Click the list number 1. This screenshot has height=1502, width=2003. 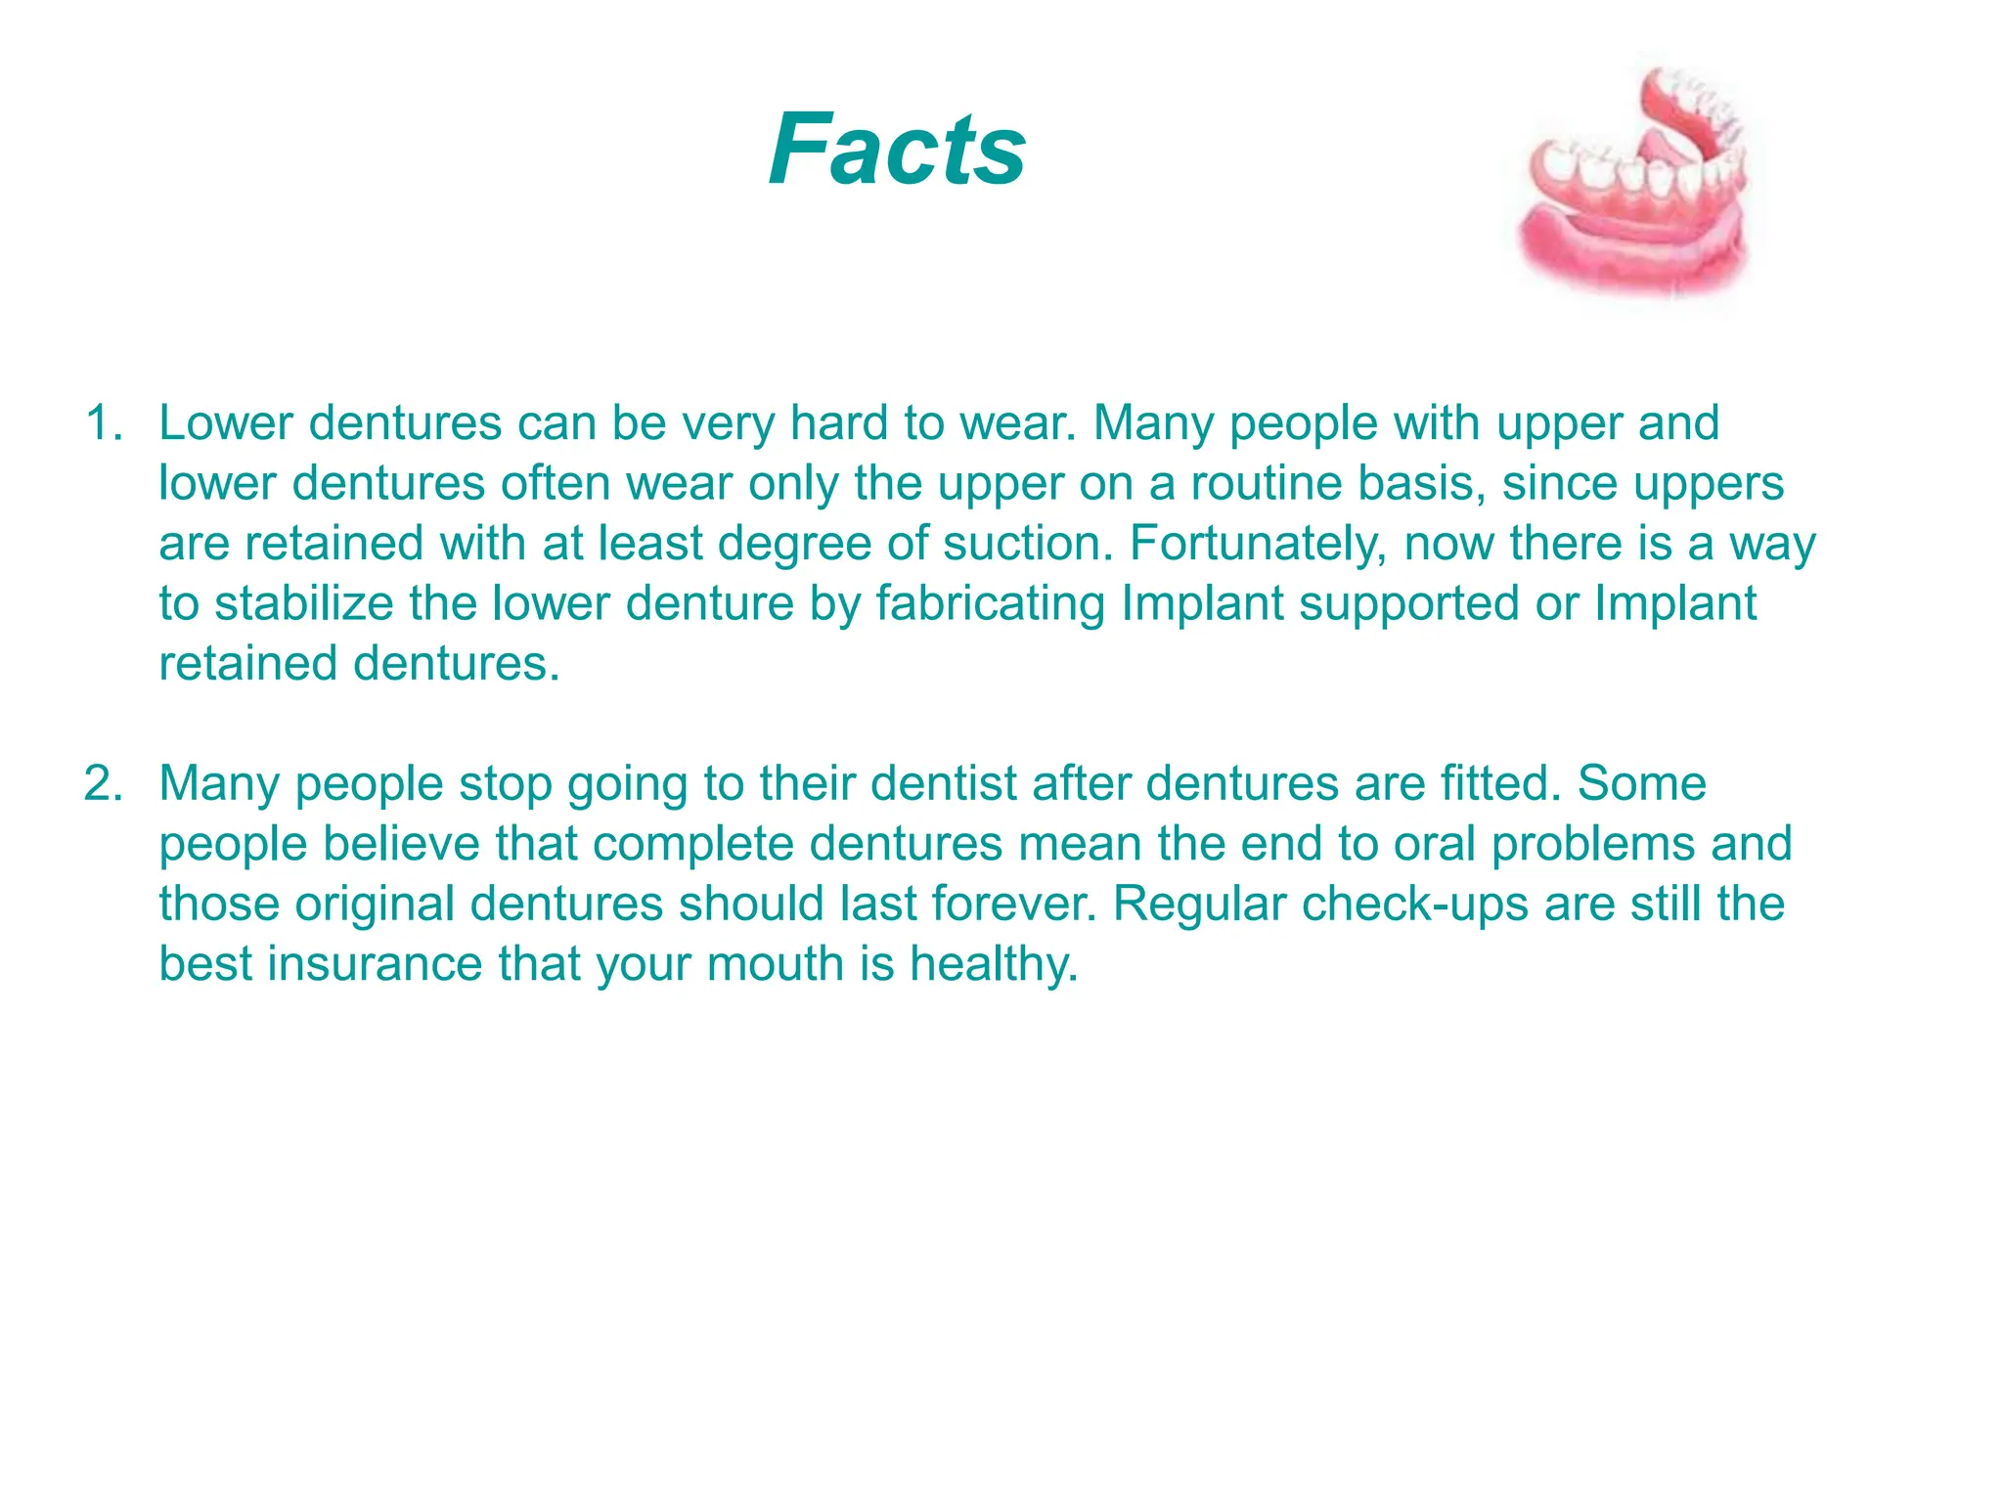[x=104, y=423]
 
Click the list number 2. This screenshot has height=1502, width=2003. [x=104, y=784]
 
